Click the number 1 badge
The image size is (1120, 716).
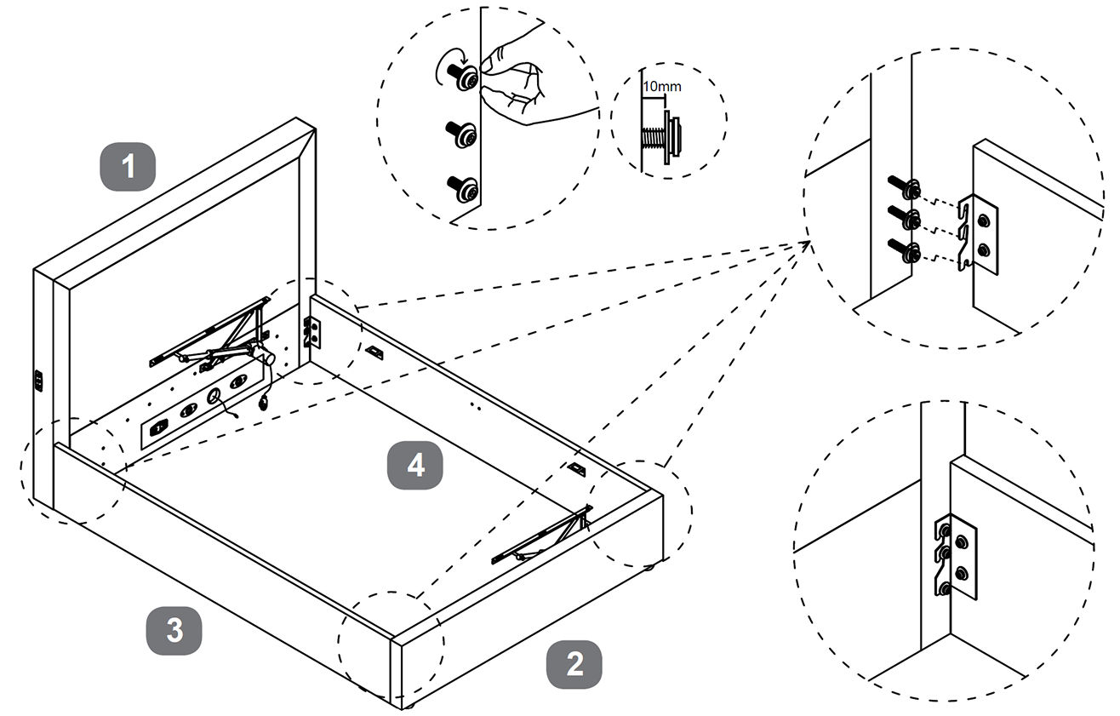tap(129, 166)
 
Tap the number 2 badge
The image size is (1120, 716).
tap(574, 664)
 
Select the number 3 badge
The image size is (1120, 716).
tap(174, 631)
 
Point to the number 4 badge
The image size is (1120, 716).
tap(415, 465)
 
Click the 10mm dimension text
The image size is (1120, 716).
tap(661, 87)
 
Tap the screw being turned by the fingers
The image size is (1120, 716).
tap(464, 76)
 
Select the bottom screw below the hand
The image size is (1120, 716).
tap(463, 189)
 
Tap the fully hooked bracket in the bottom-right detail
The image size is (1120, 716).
tap(954, 557)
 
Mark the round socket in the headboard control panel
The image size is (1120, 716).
tap(214, 395)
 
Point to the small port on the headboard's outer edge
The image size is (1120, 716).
tap(38, 381)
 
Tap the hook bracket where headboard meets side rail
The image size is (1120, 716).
tap(312, 333)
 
